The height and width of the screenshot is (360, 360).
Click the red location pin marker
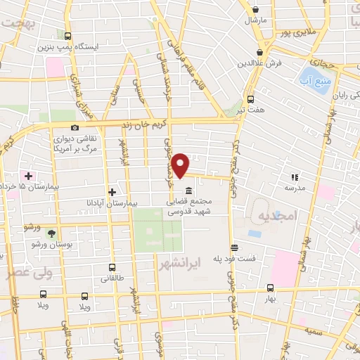(181, 165)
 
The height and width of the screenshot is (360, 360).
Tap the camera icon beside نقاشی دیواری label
(75, 127)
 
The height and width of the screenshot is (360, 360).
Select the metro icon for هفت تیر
(250, 99)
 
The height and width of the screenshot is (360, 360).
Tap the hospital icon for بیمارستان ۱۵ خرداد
(28, 175)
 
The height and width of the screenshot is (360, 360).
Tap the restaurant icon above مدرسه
(295, 178)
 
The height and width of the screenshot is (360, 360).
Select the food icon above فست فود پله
(234, 247)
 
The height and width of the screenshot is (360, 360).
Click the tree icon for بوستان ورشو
(50, 232)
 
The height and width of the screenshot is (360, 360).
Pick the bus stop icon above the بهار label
(271, 288)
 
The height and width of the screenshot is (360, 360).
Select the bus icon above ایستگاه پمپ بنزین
(67, 37)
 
